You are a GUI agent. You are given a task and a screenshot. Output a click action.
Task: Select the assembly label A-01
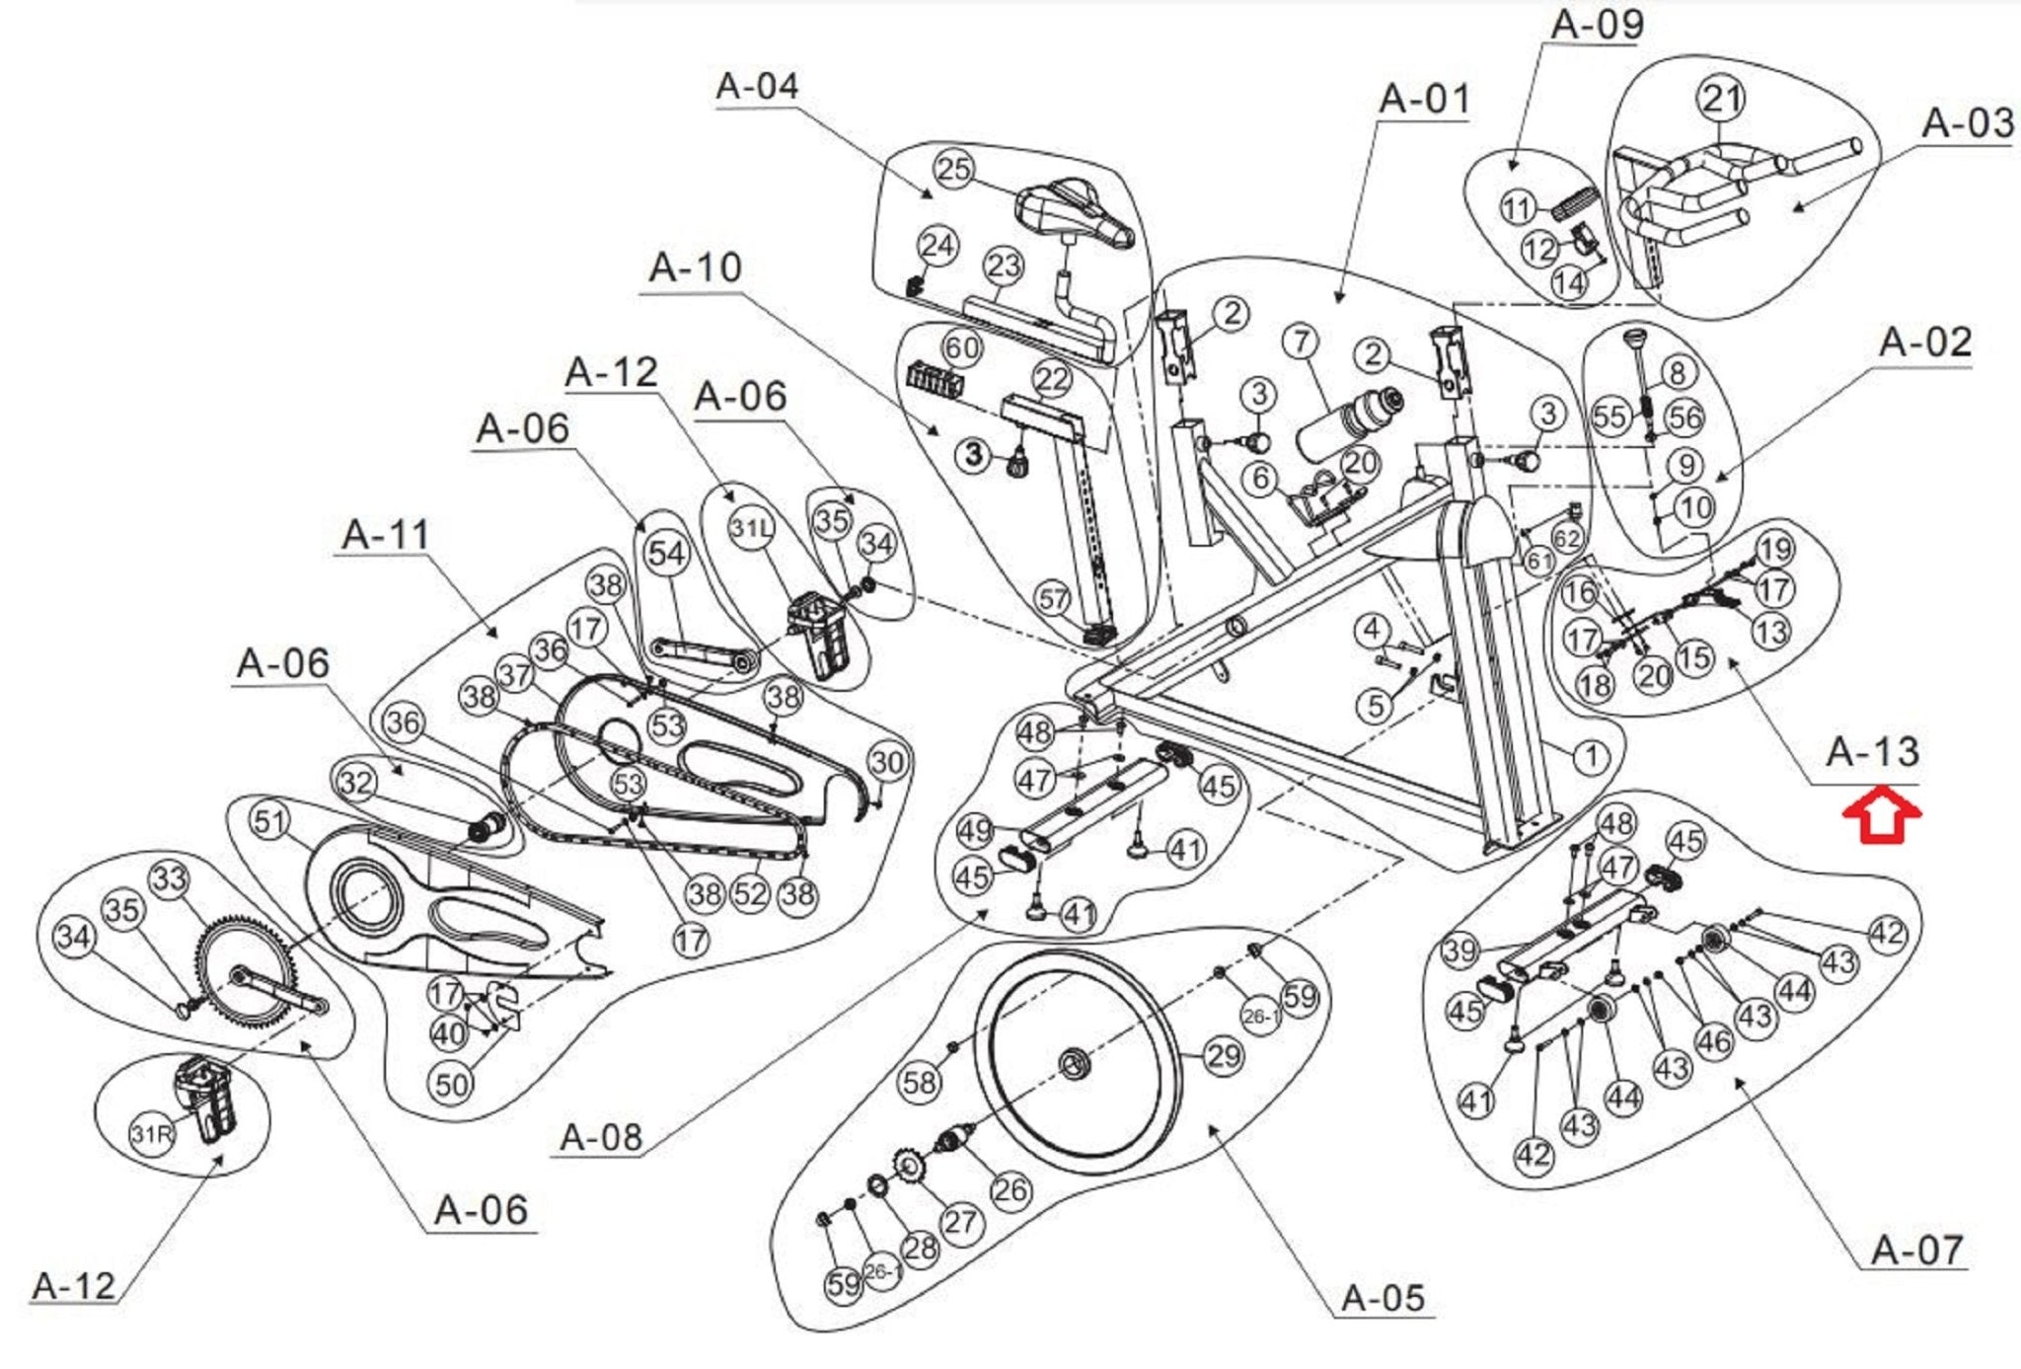[x=1424, y=100]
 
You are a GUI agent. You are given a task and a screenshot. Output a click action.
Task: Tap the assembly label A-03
[x=1967, y=124]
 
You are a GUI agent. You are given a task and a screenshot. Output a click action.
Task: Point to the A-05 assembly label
[x=1384, y=1297]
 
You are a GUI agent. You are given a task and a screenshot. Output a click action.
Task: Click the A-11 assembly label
[x=386, y=535]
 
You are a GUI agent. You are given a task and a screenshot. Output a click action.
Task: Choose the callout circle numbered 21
[x=1721, y=98]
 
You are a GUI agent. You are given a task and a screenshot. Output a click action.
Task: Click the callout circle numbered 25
[x=953, y=169]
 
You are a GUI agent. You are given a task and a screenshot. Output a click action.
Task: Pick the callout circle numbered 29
[x=1224, y=1056]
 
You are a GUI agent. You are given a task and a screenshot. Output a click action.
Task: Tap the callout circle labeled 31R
[x=152, y=1134]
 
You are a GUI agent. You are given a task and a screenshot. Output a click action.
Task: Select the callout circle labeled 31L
[x=751, y=528]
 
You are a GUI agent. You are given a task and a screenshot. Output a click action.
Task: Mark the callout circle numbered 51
[x=270, y=821]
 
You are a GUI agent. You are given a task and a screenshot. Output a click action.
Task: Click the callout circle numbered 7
[x=1302, y=342]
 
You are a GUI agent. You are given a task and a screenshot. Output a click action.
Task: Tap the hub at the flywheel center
[x=1074, y=1064]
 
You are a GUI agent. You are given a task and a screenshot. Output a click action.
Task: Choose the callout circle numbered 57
[x=1053, y=598]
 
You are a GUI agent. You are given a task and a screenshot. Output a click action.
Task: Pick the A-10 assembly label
[x=695, y=267]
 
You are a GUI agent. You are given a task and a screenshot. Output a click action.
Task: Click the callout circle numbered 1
[x=1591, y=757]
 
